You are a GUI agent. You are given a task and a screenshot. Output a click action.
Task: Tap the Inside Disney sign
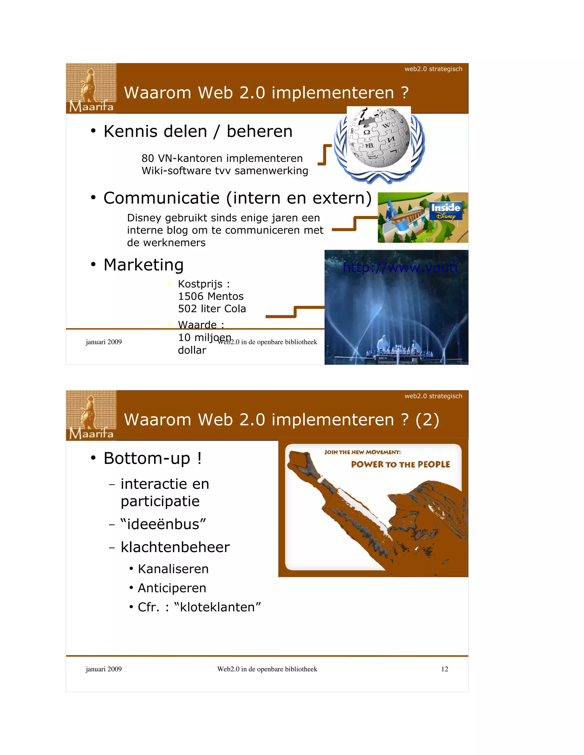445,211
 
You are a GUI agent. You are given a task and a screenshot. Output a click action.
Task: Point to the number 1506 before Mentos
190,296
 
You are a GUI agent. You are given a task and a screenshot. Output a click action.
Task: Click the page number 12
445,669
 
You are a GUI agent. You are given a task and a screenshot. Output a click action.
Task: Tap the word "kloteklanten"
217,607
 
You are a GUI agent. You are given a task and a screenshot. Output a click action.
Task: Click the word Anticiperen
172,588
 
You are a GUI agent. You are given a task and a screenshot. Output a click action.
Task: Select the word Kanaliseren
173,569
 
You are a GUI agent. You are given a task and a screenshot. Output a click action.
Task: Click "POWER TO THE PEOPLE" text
400,464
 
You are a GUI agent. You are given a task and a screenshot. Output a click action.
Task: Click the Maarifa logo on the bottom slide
91,415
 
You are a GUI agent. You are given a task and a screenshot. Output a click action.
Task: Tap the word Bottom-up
147,458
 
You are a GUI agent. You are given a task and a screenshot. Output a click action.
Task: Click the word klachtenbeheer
175,547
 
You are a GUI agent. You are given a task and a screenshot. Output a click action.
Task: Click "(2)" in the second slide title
427,420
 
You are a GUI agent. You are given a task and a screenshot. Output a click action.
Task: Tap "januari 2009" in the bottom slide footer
104,669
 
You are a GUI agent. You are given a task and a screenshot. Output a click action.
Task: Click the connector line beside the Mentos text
295,311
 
